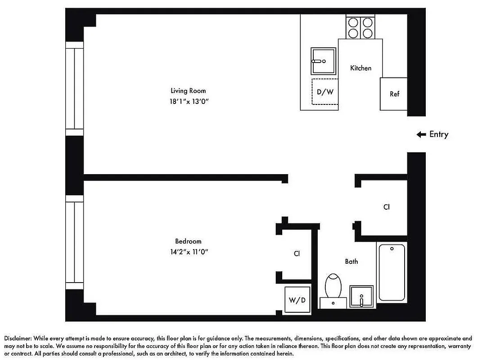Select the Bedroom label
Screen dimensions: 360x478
[188, 241]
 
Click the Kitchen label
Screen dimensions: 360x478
[361, 68]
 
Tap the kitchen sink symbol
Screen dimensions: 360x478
[323, 61]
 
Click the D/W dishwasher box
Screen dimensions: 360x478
[325, 92]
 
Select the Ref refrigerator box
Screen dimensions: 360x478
[394, 94]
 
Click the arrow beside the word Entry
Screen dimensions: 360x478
[421, 134]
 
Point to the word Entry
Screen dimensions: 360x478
[439, 134]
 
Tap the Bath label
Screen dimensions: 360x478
[352, 261]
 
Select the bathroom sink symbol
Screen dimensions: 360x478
[361, 297]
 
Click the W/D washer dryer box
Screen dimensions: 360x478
[297, 300]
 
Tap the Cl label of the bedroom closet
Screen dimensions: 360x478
[297, 253]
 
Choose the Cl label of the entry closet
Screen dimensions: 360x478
[386, 207]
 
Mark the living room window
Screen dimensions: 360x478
[75, 88]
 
